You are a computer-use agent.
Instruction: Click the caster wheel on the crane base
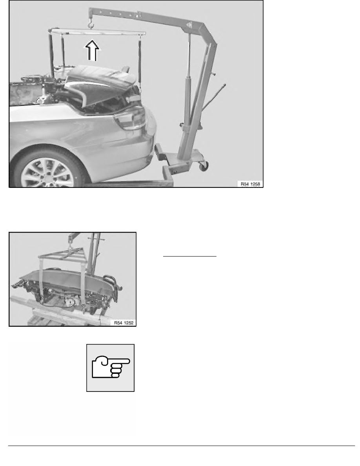(203, 166)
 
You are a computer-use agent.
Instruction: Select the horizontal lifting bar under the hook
(96, 32)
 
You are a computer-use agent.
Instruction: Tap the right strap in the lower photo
(83, 280)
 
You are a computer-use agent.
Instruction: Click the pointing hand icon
(110, 368)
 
